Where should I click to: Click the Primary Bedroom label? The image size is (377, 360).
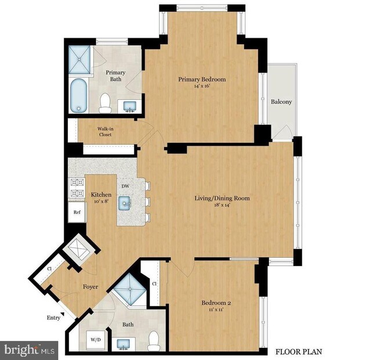click(202, 79)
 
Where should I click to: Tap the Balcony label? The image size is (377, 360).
click(281, 102)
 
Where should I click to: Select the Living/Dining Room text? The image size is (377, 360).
click(222, 198)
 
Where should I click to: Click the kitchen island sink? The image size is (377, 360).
click(125, 203)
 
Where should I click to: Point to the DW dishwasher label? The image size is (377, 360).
click(125, 186)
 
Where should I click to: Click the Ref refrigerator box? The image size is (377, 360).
click(77, 213)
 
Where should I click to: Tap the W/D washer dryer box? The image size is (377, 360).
click(96, 340)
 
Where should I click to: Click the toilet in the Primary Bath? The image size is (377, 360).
click(105, 103)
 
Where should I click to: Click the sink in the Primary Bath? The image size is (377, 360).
click(129, 106)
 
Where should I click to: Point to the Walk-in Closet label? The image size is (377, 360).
click(106, 132)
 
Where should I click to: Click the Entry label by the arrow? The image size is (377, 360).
click(53, 318)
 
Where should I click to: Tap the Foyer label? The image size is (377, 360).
click(90, 287)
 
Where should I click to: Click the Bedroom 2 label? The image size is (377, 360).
click(216, 303)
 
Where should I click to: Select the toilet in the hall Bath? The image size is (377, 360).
click(153, 341)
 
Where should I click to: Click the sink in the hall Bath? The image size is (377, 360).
click(124, 344)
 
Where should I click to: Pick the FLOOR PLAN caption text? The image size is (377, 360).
click(299, 352)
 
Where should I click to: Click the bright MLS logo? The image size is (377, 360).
click(29, 350)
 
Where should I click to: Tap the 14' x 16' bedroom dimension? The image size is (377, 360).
click(202, 86)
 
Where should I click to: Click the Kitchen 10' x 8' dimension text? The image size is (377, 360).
click(101, 201)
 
